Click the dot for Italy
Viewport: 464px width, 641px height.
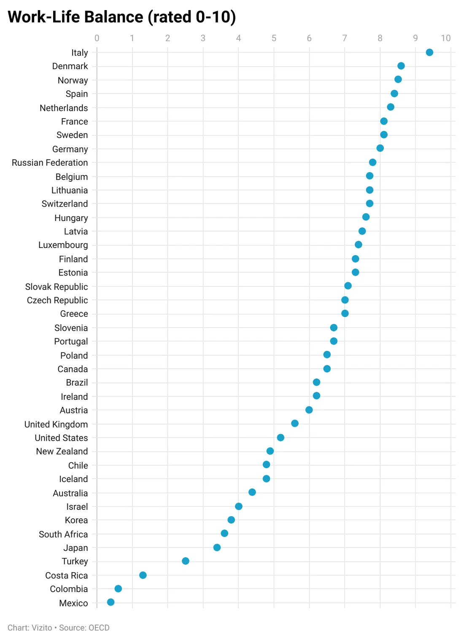point(429,52)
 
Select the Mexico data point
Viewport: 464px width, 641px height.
point(111,602)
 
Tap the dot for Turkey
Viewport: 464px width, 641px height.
point(186,561)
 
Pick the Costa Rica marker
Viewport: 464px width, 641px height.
point(143,575)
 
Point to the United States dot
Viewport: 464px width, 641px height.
point(281,437)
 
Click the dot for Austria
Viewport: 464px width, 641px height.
point(309,410)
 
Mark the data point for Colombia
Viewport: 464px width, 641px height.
point(118,588)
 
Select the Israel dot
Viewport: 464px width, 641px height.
point(239,506)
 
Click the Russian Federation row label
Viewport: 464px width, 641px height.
point(50,163)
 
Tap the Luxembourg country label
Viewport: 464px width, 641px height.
point(63,245)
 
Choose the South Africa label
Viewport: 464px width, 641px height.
point(63,534)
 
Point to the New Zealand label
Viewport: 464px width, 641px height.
point(62,451)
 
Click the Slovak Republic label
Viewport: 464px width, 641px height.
point(57,287)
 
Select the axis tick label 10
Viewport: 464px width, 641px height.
point(446,38)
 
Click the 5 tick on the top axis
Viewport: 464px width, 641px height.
point(274,38)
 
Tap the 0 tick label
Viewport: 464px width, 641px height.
point(97,38)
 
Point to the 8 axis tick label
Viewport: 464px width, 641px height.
point(380,38)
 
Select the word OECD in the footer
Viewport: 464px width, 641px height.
point(99,628)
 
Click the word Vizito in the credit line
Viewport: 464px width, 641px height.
point(42,628)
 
